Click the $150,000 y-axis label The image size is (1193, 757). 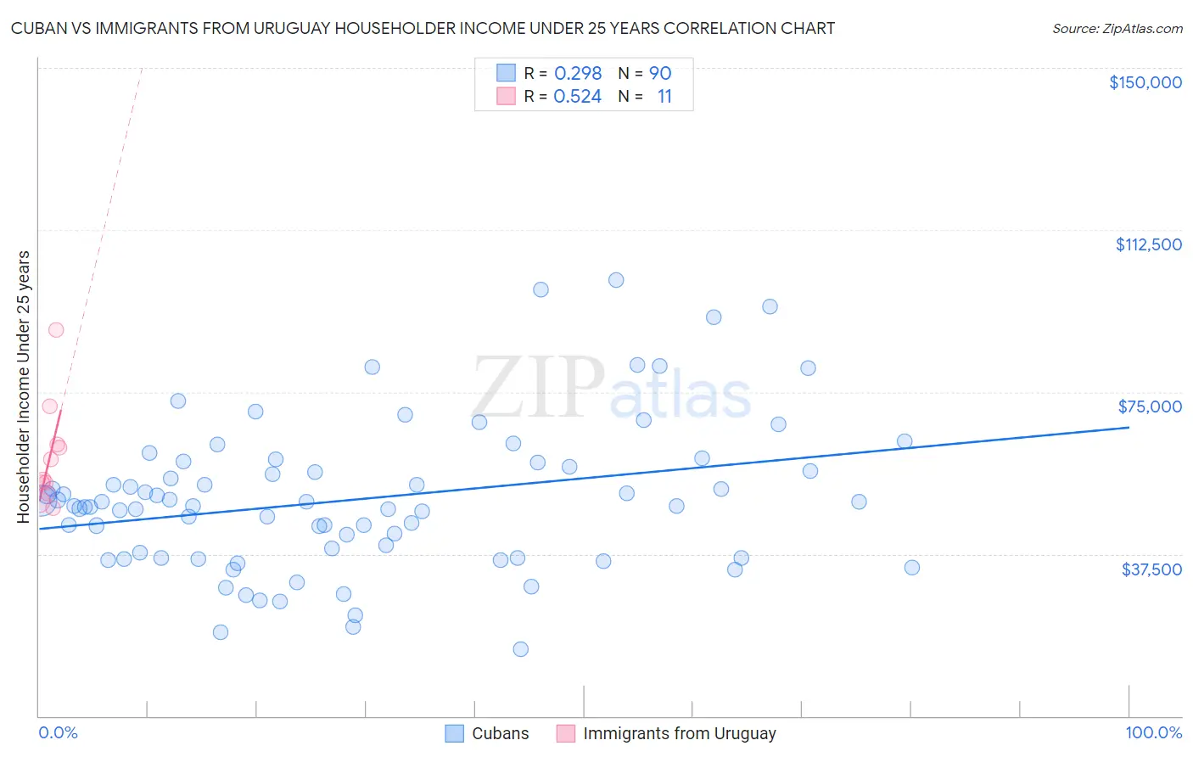click(x=1145, y=82)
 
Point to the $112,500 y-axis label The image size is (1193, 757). click(x=1148, y=244)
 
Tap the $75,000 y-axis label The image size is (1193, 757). click(x=1150, y=407)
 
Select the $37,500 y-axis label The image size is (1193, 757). click(x=1151, y=569)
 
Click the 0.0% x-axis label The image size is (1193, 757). click(x=58, y=732)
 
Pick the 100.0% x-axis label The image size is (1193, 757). click(x=1153, y=732)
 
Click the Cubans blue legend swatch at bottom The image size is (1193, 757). click(x=455, y=733)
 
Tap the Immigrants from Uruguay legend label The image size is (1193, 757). click(x=679, y=733)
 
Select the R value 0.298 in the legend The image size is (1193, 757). click(x=578, y=74)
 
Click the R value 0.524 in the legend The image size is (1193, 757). click(x=578, y=97)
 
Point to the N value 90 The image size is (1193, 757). click(x=660, y=74)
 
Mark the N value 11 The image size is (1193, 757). click(x=664, y=97)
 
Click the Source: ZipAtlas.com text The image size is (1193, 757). click(x=1117, y=29)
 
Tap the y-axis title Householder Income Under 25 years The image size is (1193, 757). click(x=23, y=386)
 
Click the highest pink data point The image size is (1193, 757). click(x=56, y=330)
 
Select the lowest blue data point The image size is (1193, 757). click(x=521, y=649)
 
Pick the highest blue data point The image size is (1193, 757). click(x=616, y=280)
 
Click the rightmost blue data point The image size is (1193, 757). click(x=912, y=568)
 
